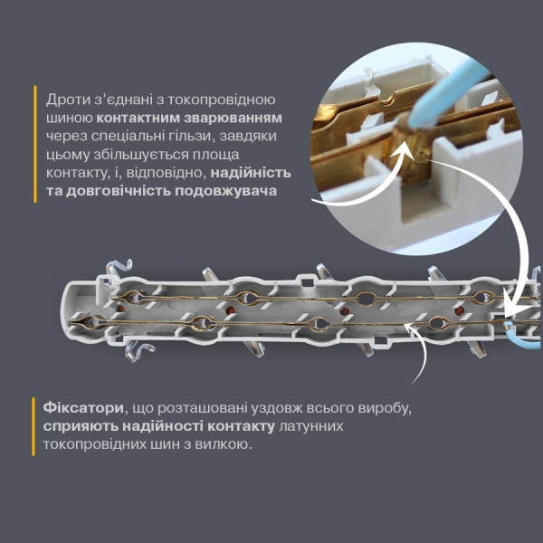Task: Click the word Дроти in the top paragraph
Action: click(x=68, y=100)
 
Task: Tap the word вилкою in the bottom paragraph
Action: click(x=219, y=445)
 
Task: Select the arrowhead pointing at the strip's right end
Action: click(x=511, y=302)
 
